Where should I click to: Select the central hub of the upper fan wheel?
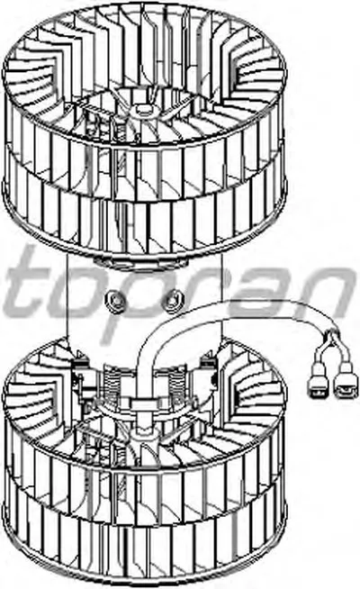[x=143, y=109]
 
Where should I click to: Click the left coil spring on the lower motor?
[x=112, y=382]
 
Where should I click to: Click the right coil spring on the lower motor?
[x=175, y=382]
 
